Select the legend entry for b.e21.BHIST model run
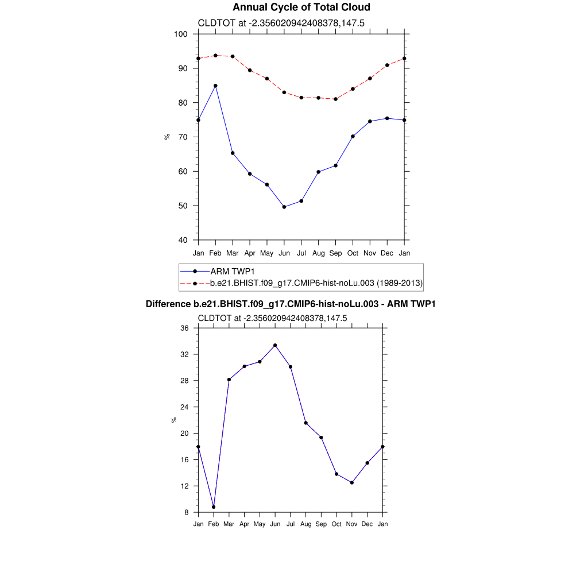[316, 283]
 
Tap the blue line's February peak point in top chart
[215, 86]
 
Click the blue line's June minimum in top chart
[284, 207]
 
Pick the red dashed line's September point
[335, 99]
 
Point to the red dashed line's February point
[215, 56]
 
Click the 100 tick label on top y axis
[181, 34]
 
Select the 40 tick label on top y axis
[183, 240]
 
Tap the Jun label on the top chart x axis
[284, 253]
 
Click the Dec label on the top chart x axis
[387, 253]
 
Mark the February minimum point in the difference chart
[214, 506]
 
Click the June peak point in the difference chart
[275, 345]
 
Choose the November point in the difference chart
[351, 482]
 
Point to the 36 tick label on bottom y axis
[184, 328]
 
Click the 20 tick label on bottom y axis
[184, 434]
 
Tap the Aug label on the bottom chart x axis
[305, 524]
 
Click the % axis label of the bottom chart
[174, 420]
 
